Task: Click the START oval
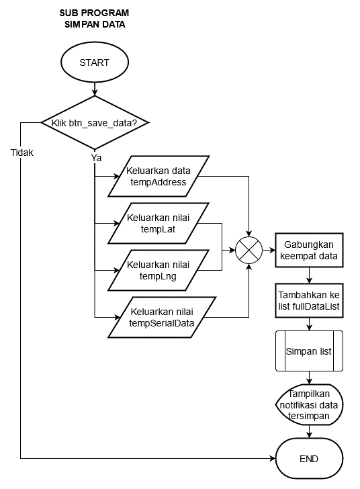(x=95, y=62)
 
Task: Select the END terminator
(x=309, y=458)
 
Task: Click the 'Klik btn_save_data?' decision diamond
(x=95, y=123)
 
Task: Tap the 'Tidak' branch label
(x=22, y=152)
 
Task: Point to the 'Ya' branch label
(x=97, y=158)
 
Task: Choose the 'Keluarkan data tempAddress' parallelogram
(x=158, y=176)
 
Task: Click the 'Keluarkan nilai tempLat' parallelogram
(x=158, y=223)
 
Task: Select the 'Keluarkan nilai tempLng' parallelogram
(x=158, y=271)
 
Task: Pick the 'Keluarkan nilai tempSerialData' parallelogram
(x=162, y=317)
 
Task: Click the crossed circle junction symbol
(x=249, y=250)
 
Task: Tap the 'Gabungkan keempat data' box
(x=309, y=250)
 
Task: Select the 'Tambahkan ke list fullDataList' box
(x=309, y=301)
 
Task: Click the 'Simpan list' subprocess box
(x=309, y=351)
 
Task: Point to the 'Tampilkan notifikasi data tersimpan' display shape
(x=309, y=405)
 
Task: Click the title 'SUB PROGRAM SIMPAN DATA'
(x=95, y=18)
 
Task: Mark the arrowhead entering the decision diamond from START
(x=95, y=93)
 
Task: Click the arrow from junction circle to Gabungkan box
(x=269, y=250)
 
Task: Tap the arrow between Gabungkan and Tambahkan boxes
(x=309, y=275)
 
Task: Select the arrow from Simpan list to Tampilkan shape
(x=309, y=377)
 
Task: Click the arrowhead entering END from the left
(x=272, y=458)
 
